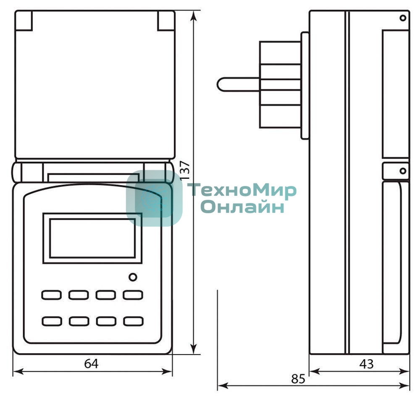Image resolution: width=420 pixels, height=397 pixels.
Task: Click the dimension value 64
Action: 91,364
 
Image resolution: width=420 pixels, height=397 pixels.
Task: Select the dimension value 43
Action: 366,364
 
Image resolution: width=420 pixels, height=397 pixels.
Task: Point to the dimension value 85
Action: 298,379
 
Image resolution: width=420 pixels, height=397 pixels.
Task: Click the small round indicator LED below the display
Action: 132,277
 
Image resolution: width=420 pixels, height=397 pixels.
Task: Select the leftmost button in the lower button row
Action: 51,321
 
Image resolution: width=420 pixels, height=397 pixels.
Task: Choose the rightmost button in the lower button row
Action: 133,321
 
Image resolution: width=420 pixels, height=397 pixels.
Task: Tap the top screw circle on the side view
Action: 403,18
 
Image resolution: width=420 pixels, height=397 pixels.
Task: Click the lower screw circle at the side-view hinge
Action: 403,171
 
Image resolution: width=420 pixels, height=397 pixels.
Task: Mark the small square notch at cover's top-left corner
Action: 24,20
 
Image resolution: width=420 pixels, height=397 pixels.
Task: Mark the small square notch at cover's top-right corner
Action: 166,20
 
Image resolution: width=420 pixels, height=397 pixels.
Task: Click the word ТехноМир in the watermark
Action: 242,191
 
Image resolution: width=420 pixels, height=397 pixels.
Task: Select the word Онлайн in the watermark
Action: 242,207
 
